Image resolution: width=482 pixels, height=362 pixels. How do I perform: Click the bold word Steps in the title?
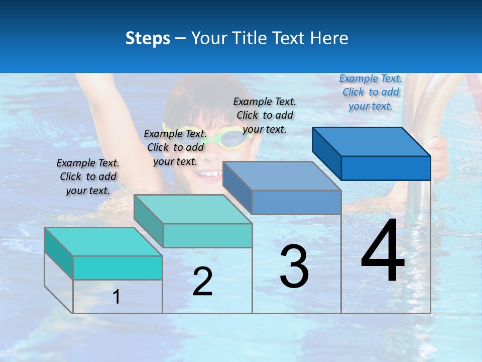148,38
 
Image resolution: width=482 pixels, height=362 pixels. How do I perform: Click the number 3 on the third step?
294,266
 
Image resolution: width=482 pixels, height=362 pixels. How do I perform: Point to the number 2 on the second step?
202,282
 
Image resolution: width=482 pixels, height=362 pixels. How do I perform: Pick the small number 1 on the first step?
116,297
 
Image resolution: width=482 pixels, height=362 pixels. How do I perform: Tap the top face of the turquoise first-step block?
103,242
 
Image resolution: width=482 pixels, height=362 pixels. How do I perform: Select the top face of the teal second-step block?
193,209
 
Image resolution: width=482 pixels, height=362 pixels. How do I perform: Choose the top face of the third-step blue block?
282,176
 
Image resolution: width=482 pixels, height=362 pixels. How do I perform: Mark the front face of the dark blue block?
386,168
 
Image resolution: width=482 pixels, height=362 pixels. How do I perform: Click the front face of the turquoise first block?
117,267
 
